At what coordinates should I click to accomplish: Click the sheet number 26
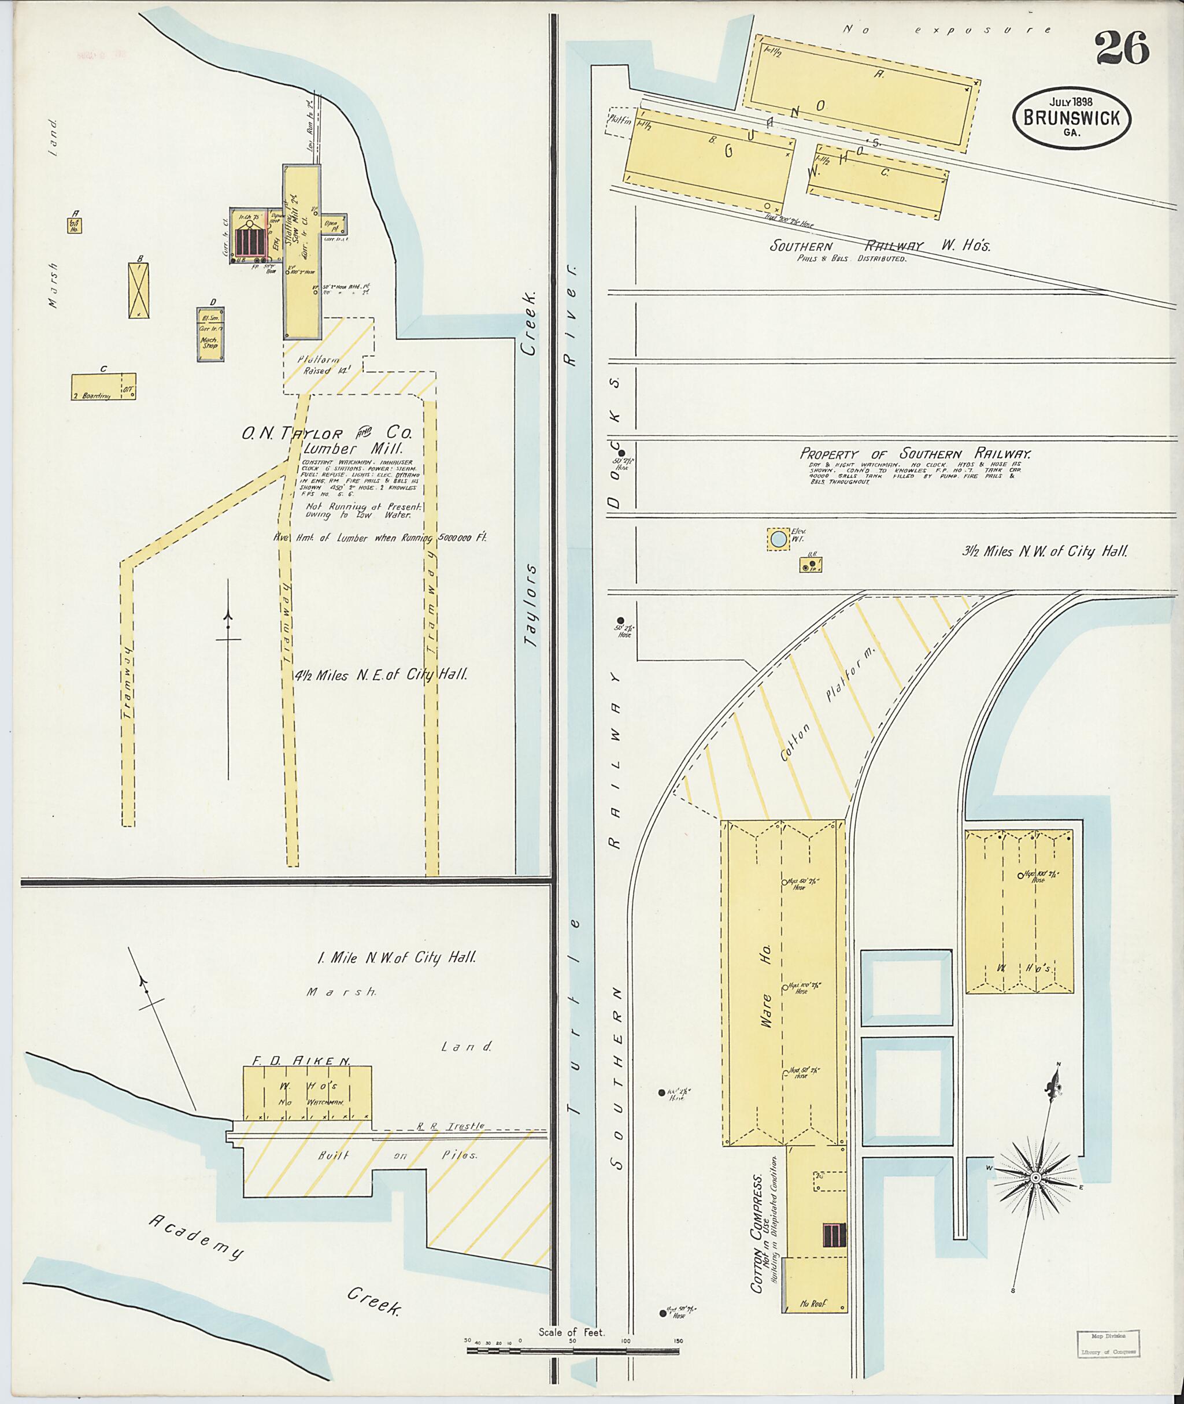point(1122,49)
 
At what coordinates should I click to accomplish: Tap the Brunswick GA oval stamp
point(1071,117)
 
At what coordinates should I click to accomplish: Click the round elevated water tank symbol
point(778,539)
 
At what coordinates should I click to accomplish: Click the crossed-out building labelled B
point(138,290)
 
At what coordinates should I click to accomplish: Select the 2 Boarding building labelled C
point(103,387)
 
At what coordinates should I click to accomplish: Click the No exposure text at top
point(946,29)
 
